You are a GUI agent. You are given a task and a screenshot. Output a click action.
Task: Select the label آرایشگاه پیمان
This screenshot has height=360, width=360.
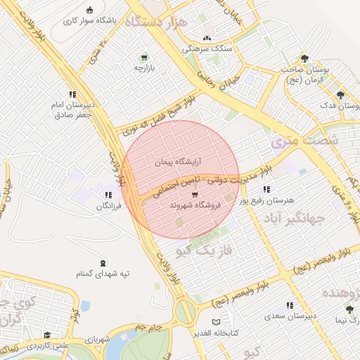179,162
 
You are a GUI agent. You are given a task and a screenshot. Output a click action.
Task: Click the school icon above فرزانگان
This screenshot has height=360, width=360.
108,195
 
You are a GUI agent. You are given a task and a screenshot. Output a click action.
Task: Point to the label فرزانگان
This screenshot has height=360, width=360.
108,207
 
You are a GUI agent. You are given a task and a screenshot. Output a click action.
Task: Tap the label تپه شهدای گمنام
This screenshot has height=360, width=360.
104,274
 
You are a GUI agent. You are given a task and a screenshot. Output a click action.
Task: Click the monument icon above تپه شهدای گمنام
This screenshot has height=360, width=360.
104,262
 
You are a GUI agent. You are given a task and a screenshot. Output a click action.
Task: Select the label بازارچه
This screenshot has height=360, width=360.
143,68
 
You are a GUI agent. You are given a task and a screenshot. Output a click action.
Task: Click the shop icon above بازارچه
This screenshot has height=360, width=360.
144,57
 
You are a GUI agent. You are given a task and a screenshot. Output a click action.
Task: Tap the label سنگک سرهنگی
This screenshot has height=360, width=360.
206,49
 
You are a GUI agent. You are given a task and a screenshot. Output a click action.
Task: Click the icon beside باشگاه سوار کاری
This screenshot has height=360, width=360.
89,9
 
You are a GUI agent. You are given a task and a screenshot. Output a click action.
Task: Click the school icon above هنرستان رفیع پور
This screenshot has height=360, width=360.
266,190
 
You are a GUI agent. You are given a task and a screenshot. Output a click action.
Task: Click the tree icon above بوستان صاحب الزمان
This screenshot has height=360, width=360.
304,58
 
